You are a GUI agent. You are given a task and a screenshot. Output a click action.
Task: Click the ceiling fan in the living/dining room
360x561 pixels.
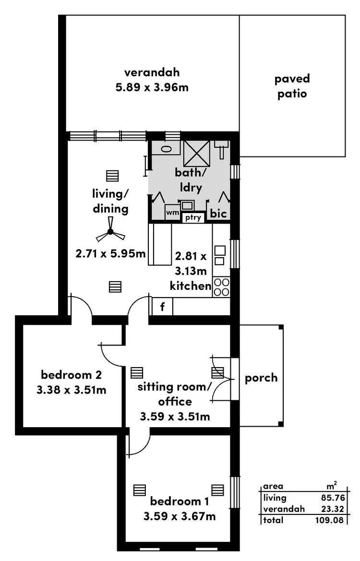[x=110, y=232]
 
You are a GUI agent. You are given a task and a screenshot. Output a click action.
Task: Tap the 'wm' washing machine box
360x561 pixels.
[x=172, y=212]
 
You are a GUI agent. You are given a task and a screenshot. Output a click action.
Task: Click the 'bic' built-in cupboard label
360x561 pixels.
[x=218, y=214]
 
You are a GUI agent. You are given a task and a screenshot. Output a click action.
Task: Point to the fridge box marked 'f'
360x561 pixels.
[x=162, y=307]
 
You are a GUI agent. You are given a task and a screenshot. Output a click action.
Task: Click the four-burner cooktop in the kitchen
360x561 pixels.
[x=221, y=287]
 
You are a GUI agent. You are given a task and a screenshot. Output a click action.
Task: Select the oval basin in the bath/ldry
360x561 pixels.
[x=166, y=149]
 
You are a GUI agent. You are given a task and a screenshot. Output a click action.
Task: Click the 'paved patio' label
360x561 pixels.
[x=292, y=86]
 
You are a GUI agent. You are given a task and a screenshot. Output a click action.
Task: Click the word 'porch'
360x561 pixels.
[x=261, y=378]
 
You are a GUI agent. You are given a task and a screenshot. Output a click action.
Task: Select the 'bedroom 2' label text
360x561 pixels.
[x=71, y=375]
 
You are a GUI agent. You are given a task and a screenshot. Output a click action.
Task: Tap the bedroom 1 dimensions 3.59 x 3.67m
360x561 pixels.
[x=179, y=516]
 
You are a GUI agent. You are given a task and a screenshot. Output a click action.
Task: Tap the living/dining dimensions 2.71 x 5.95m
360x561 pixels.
[x=110, y=253]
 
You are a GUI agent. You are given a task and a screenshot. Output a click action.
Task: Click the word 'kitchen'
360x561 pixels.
[x=191, y=286]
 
